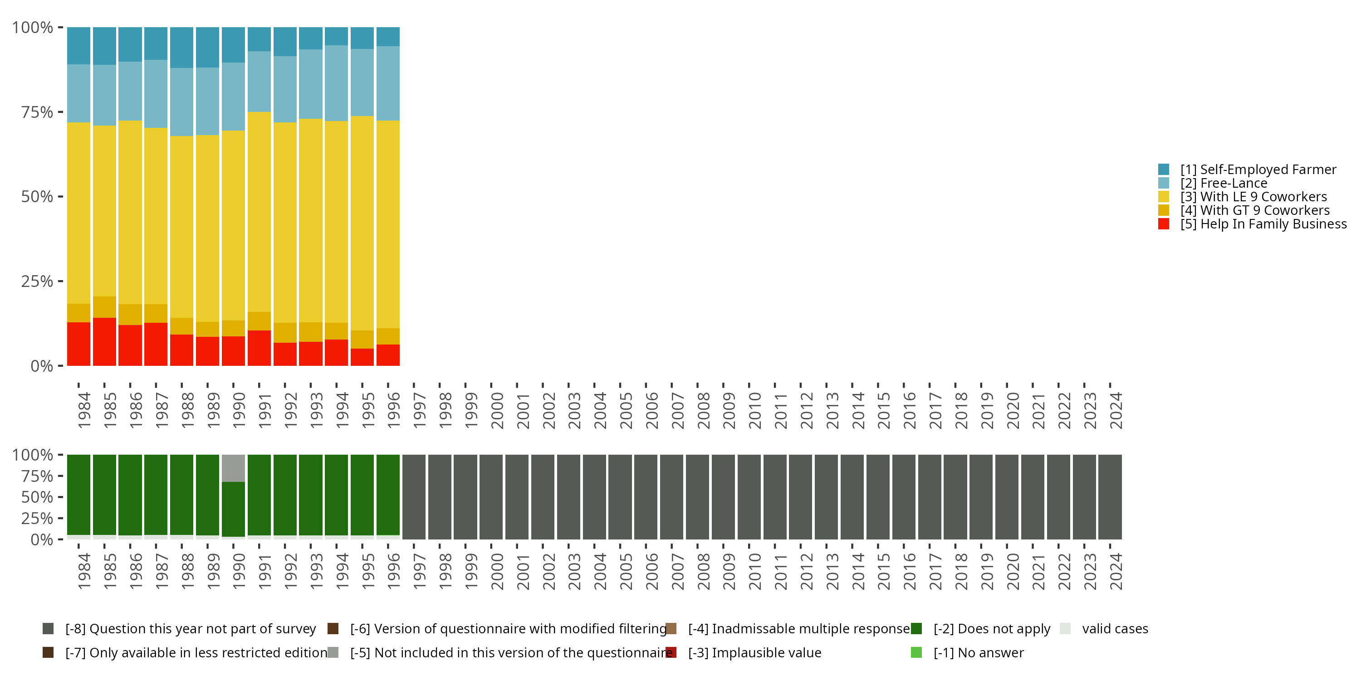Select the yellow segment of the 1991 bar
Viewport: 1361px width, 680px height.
tap(259, 211)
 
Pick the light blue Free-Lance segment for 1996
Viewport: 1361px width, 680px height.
tap(388, 83)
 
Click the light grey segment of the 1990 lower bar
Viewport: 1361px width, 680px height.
tap(233, 468)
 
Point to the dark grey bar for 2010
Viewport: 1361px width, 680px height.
tap(749, 496)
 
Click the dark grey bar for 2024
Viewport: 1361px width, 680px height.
tap(1110, 496)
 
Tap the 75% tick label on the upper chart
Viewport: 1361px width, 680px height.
tap(37, 112)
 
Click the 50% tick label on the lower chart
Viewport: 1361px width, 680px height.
tap(37, 497)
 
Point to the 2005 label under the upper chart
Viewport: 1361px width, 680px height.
tap(626, 410)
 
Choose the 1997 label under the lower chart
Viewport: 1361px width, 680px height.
tap(419, 571)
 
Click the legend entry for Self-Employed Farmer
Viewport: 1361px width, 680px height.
tap(1258, 170)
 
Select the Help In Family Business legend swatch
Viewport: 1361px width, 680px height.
tap(1163, 224)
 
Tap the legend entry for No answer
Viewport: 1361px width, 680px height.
tap(978, 652)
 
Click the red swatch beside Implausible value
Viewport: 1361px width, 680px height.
tap(671, 652)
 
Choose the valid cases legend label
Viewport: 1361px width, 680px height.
tap(1115, 629)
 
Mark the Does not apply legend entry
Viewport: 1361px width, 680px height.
tap(991, 629)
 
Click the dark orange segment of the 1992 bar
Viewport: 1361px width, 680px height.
tap(285, 333)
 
